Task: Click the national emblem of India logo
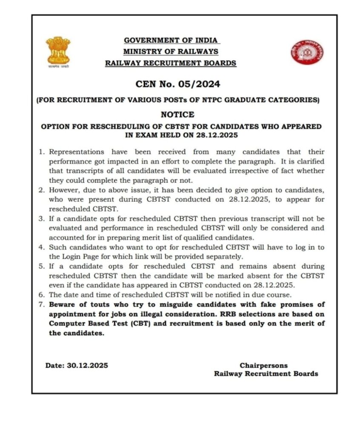coord(58,52)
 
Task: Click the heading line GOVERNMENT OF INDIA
coord(171,40)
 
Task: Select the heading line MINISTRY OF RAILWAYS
coord(171,52)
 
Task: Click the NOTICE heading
coord(177,115)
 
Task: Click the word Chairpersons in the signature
coord(263,365)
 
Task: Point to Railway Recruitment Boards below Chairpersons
coord(266,374)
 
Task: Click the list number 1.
coord(43,152)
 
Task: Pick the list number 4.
coord(43,247)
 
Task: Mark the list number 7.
coord(43,304)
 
